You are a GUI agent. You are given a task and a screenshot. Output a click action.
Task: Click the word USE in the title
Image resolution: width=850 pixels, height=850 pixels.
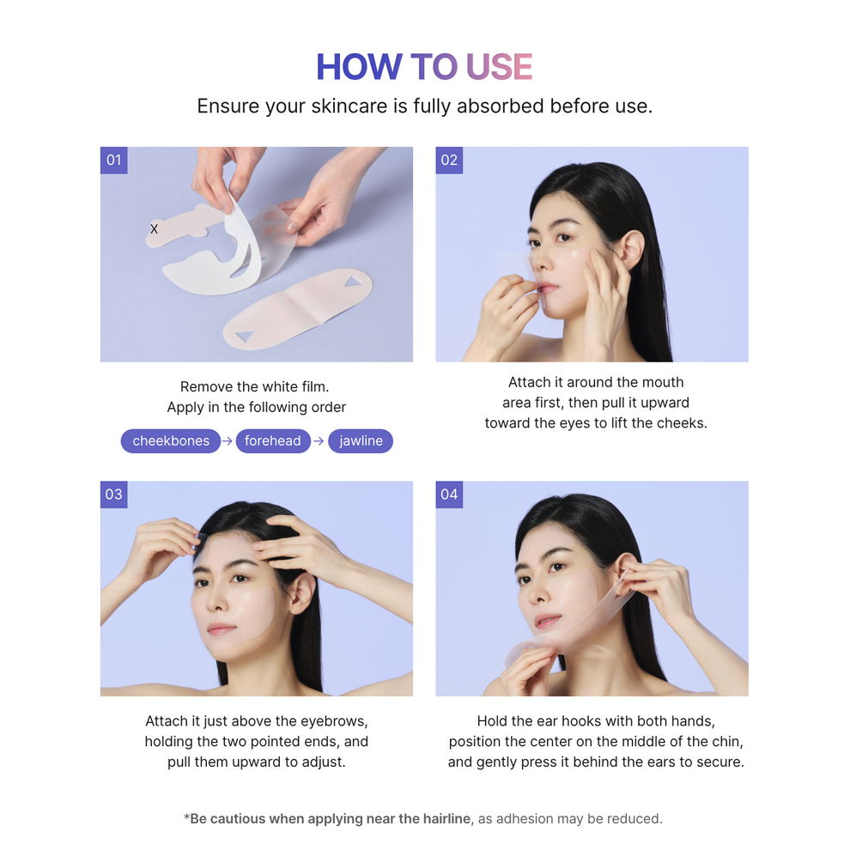(499, 68)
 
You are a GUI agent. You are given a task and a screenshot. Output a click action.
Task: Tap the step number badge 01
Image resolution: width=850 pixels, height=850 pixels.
(113, 161)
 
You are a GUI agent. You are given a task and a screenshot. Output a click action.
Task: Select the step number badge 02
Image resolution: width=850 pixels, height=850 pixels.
(449, 161)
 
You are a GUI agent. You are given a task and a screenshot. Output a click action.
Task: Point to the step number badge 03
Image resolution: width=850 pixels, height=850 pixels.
(113, 495)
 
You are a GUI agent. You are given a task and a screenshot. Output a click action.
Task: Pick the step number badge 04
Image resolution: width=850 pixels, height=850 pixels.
(449, 495)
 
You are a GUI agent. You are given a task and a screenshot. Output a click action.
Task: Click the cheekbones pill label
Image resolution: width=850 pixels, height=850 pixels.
(171, 441)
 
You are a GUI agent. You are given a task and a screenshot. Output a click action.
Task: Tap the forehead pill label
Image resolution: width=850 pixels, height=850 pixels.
(273, 441)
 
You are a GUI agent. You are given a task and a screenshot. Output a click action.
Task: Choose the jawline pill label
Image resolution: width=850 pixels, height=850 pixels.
(361, 441)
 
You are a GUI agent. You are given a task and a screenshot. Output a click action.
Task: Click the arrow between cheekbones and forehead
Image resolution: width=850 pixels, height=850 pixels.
(228, 441)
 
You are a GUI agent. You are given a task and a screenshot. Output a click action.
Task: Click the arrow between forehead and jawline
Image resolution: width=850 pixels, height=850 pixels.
(319, 441)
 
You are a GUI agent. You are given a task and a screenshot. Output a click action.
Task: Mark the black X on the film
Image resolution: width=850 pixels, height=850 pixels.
(155, 229)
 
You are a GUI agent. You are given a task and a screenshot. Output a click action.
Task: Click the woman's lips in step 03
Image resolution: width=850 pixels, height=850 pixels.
(221, 629)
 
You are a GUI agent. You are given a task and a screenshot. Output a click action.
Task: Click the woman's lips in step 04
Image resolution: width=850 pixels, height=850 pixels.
(547, 620)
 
